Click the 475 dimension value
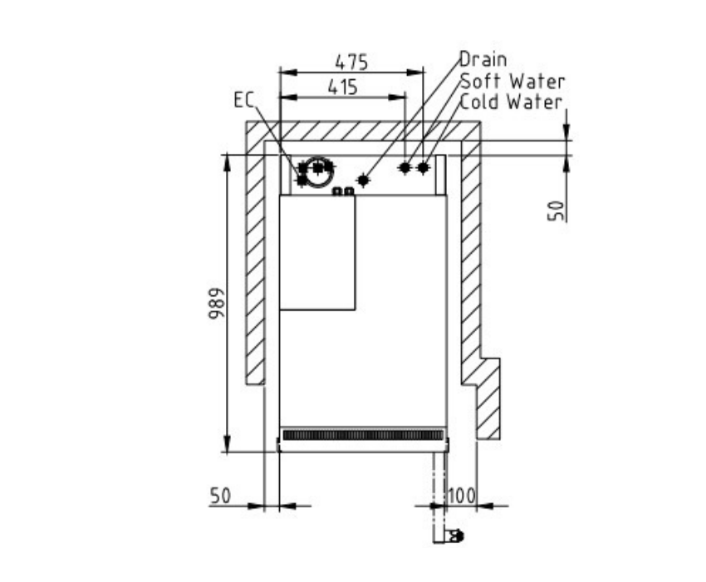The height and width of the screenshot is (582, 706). click(351, 62)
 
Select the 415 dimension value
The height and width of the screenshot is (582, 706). click(343, 87)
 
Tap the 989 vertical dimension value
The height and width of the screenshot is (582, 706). click(216, 303)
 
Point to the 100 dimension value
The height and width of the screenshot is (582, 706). click(462, 496)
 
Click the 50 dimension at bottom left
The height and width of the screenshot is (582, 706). click(220, 496)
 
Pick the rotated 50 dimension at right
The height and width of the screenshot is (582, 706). click(556, 210)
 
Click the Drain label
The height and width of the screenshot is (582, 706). click(483, 59)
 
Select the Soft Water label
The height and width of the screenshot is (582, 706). click(512, 81)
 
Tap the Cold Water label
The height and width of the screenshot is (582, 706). click(512, 102)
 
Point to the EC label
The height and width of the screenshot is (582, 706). click(244, 100)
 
